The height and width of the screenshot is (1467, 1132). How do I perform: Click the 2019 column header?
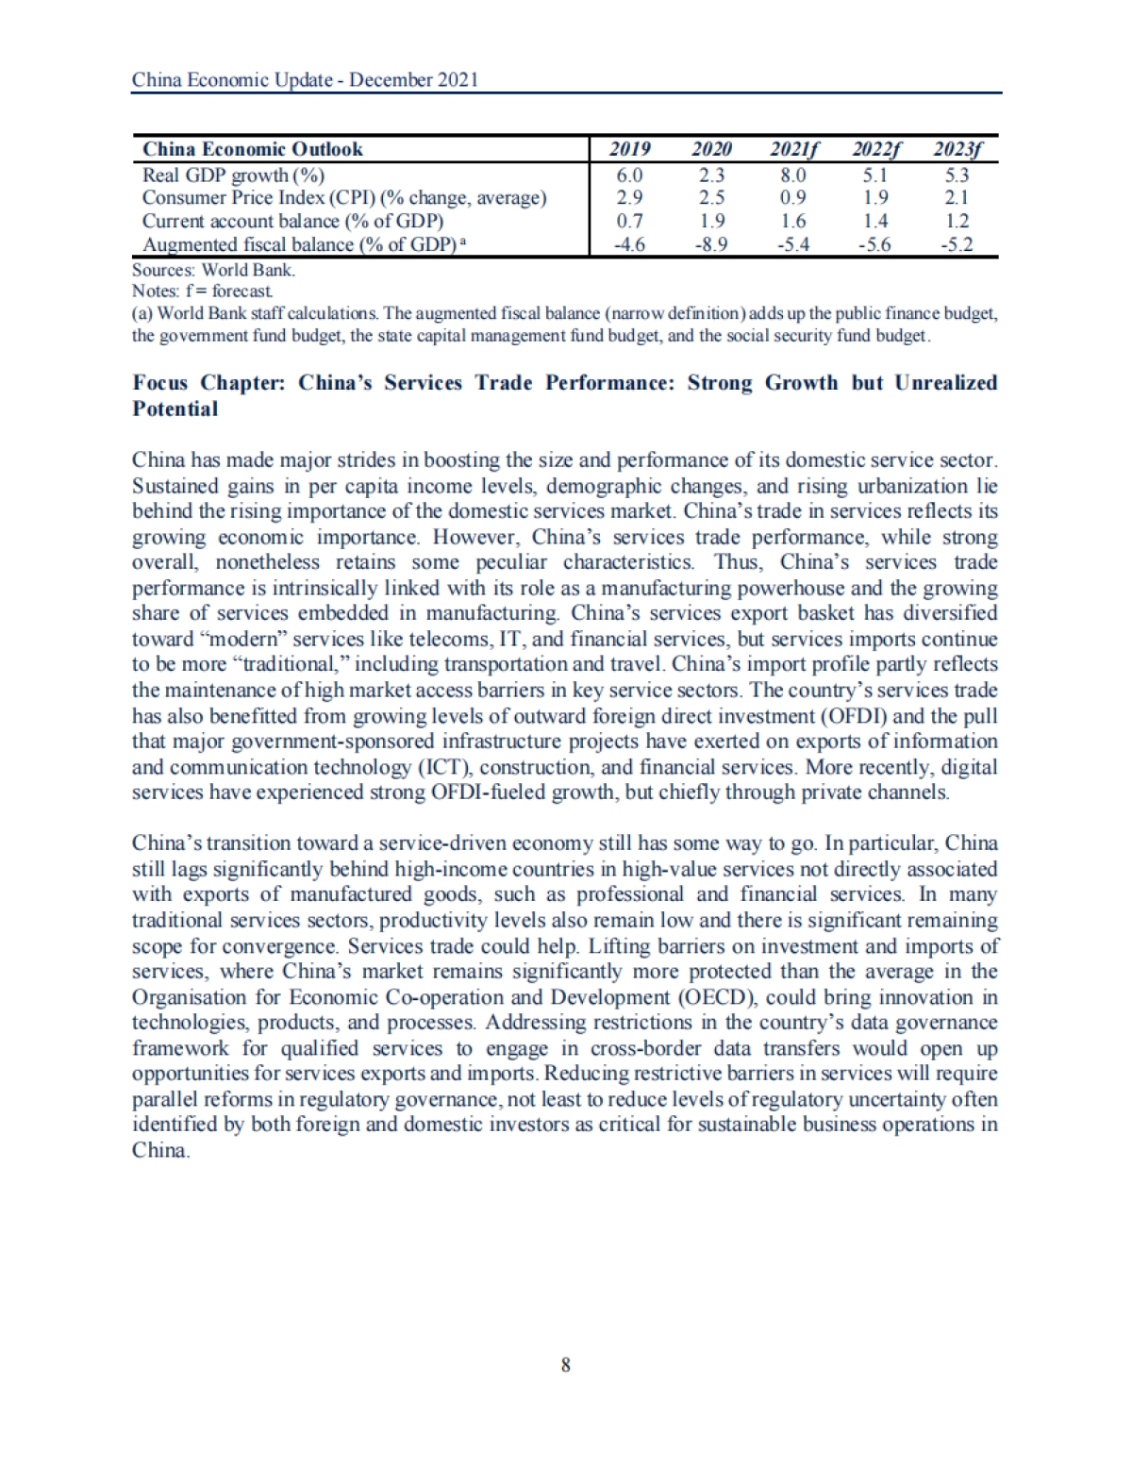tap(629, 149)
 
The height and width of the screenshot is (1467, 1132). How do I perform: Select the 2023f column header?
tap(957, 149)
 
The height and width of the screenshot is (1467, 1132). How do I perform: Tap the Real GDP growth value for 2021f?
tap(793, 175)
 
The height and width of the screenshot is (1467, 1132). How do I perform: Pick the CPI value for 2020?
tap(711, 198)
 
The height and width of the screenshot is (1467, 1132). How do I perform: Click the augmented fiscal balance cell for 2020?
tap(711, 245)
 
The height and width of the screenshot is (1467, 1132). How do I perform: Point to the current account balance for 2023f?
tap(957, 222)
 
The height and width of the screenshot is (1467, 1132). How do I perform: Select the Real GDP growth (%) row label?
tap(233, 175)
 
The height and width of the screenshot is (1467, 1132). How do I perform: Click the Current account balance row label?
tap(292, 222)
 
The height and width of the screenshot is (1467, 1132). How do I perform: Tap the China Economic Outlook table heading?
tap(252, 149)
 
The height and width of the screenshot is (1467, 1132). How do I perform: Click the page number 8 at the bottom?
tap(566, 1364)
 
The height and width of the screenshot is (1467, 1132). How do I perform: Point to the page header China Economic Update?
tap(305, 79)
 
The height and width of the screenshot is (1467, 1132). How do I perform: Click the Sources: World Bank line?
tap(213, 269)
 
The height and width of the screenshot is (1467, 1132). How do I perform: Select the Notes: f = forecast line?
tap(203, 291)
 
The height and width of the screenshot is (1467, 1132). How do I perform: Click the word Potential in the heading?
tap(175, 408)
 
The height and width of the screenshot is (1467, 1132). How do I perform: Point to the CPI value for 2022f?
tap(875, 198)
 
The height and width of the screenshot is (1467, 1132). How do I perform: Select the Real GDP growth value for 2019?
tap(629, 175)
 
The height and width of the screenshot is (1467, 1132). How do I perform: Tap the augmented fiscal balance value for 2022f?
tap(875, 245)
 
